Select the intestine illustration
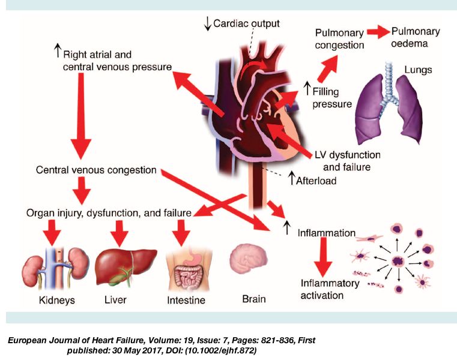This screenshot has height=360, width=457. [187, 269]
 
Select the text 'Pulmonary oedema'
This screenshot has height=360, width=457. [415, 38]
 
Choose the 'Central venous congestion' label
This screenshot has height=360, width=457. [95, 170]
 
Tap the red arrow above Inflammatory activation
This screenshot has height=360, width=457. [325, 255]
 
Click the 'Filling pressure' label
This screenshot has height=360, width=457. [332, 97]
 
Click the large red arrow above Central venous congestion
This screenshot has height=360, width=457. [80, 120]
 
